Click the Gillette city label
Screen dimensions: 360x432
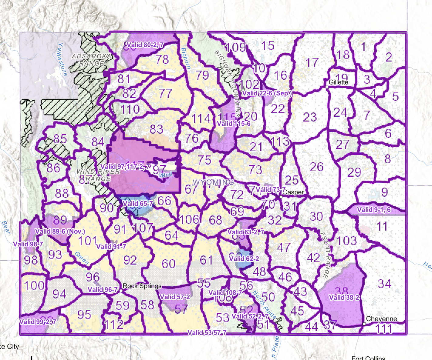pos(339,82)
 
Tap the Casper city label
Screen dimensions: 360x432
pos(293,192)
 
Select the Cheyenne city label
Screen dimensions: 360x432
pos(381,319)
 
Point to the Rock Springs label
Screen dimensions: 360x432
pos(142,286)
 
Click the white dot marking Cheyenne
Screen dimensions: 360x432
pos(364,324)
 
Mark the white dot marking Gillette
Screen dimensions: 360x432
pos(327,87)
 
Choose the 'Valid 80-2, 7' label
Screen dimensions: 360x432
pos(145,45)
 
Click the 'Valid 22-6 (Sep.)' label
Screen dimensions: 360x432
pos(267,93)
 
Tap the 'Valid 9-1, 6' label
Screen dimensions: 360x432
pos(374,210)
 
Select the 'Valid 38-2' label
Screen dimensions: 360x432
pos(344,298)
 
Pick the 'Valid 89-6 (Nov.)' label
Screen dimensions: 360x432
pos(60,232)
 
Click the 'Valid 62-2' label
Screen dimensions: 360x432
pos(244,258)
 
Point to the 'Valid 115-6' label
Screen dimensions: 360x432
pos(234,124)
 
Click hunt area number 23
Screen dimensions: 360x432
pos(310,117)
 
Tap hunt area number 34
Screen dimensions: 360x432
pos(384,284)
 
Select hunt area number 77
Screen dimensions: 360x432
pos(165,93)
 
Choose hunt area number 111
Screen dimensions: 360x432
pos(384,329)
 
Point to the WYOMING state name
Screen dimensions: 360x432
pos(213,182)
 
